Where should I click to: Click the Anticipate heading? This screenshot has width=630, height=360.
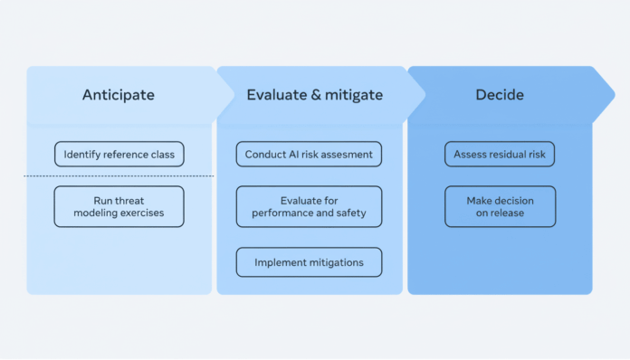119,94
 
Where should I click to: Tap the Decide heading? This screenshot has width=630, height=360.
499,94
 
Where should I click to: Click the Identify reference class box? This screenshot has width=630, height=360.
119,155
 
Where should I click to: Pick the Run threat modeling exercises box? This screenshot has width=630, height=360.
119,206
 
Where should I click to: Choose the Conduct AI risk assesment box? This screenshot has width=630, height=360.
309,155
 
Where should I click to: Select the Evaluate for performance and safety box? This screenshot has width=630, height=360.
309,206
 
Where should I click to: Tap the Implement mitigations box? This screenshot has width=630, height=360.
309,262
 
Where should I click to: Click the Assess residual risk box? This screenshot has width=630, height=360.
499,155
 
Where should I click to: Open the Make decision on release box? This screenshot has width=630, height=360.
499,206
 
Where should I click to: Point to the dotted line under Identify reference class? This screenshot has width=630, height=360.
119,175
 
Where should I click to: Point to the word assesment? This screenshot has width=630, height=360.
344,155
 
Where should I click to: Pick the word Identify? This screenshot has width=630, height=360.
82,155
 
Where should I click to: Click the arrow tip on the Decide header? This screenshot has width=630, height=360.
615,94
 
